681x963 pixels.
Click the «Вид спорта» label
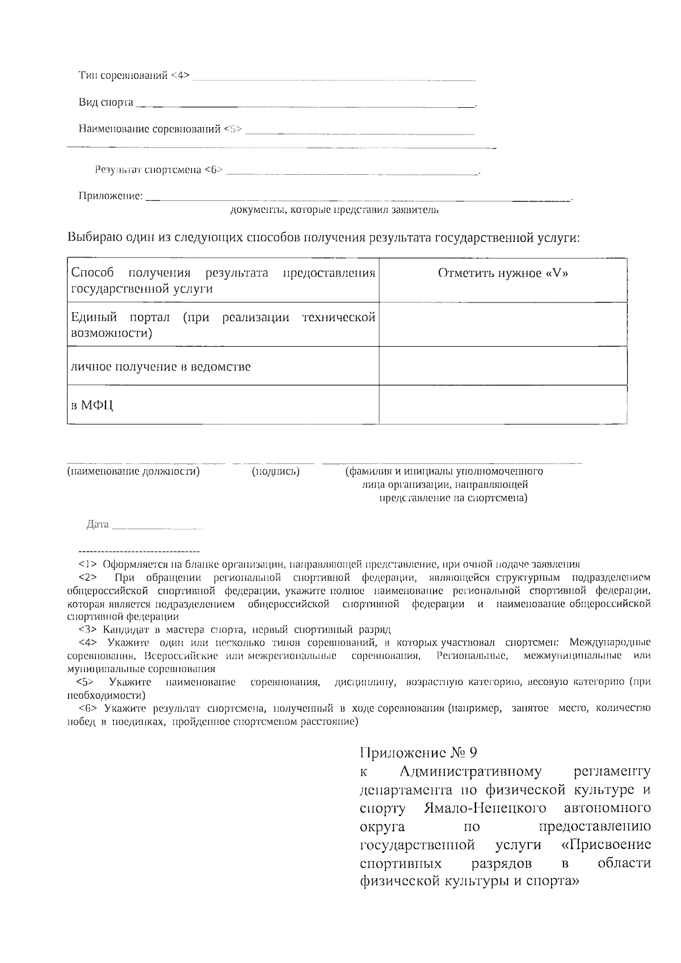click(x=106, y=103)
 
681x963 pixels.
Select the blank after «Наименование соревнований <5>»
click(x=360, y=132)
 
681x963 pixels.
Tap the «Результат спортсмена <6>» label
click(x=159, y=170)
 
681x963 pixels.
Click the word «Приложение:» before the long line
click(x=110, y=196)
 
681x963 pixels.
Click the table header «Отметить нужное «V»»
click(x=503, y=274)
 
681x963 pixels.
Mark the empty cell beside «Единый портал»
click(x=503, y=324)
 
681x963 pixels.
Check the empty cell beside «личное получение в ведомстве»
click(x=503, y=366)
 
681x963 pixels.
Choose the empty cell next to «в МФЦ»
click(x=503, y=405)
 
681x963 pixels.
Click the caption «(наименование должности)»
click(x=133, y=472)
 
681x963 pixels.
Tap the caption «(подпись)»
click(x=276, y=472)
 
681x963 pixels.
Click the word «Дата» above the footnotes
click(x=97, y=525)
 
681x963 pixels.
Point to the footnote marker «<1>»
click(x=88, y=565)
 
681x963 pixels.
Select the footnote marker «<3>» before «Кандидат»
click(x=88, y=630)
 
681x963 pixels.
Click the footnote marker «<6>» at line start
click(x=88, y=708)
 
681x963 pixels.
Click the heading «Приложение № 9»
click(x=419, y=753)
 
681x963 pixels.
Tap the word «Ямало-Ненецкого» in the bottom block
click(x=485, y=808)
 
